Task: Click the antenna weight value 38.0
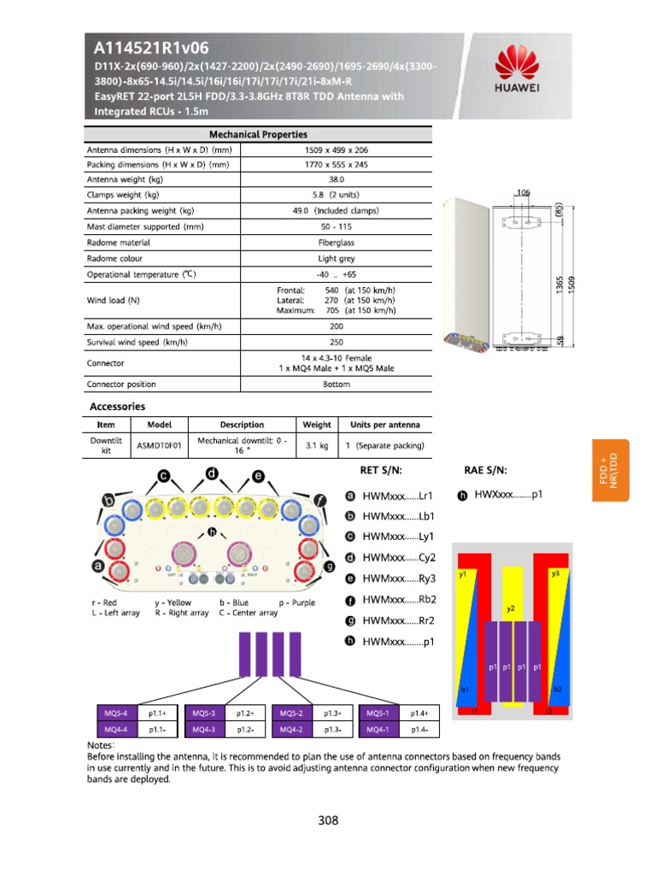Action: point(337,179)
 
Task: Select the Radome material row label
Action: point(120,243)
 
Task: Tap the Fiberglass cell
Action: point(337,243)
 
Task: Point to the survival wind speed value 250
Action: point(337,343)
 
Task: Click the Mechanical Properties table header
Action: point(258,134)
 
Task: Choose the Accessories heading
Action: point(118,407)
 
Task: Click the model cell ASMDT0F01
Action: point(160,445)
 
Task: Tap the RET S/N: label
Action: point(380,471)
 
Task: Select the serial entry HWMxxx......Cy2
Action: point(398,558)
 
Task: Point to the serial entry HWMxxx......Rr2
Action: point(398,621)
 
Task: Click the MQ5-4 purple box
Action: point(114,713)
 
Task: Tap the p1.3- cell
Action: point(333,730)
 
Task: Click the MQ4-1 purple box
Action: point(378,730)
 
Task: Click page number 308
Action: point(328,821)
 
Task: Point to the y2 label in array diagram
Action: point(511,609)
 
